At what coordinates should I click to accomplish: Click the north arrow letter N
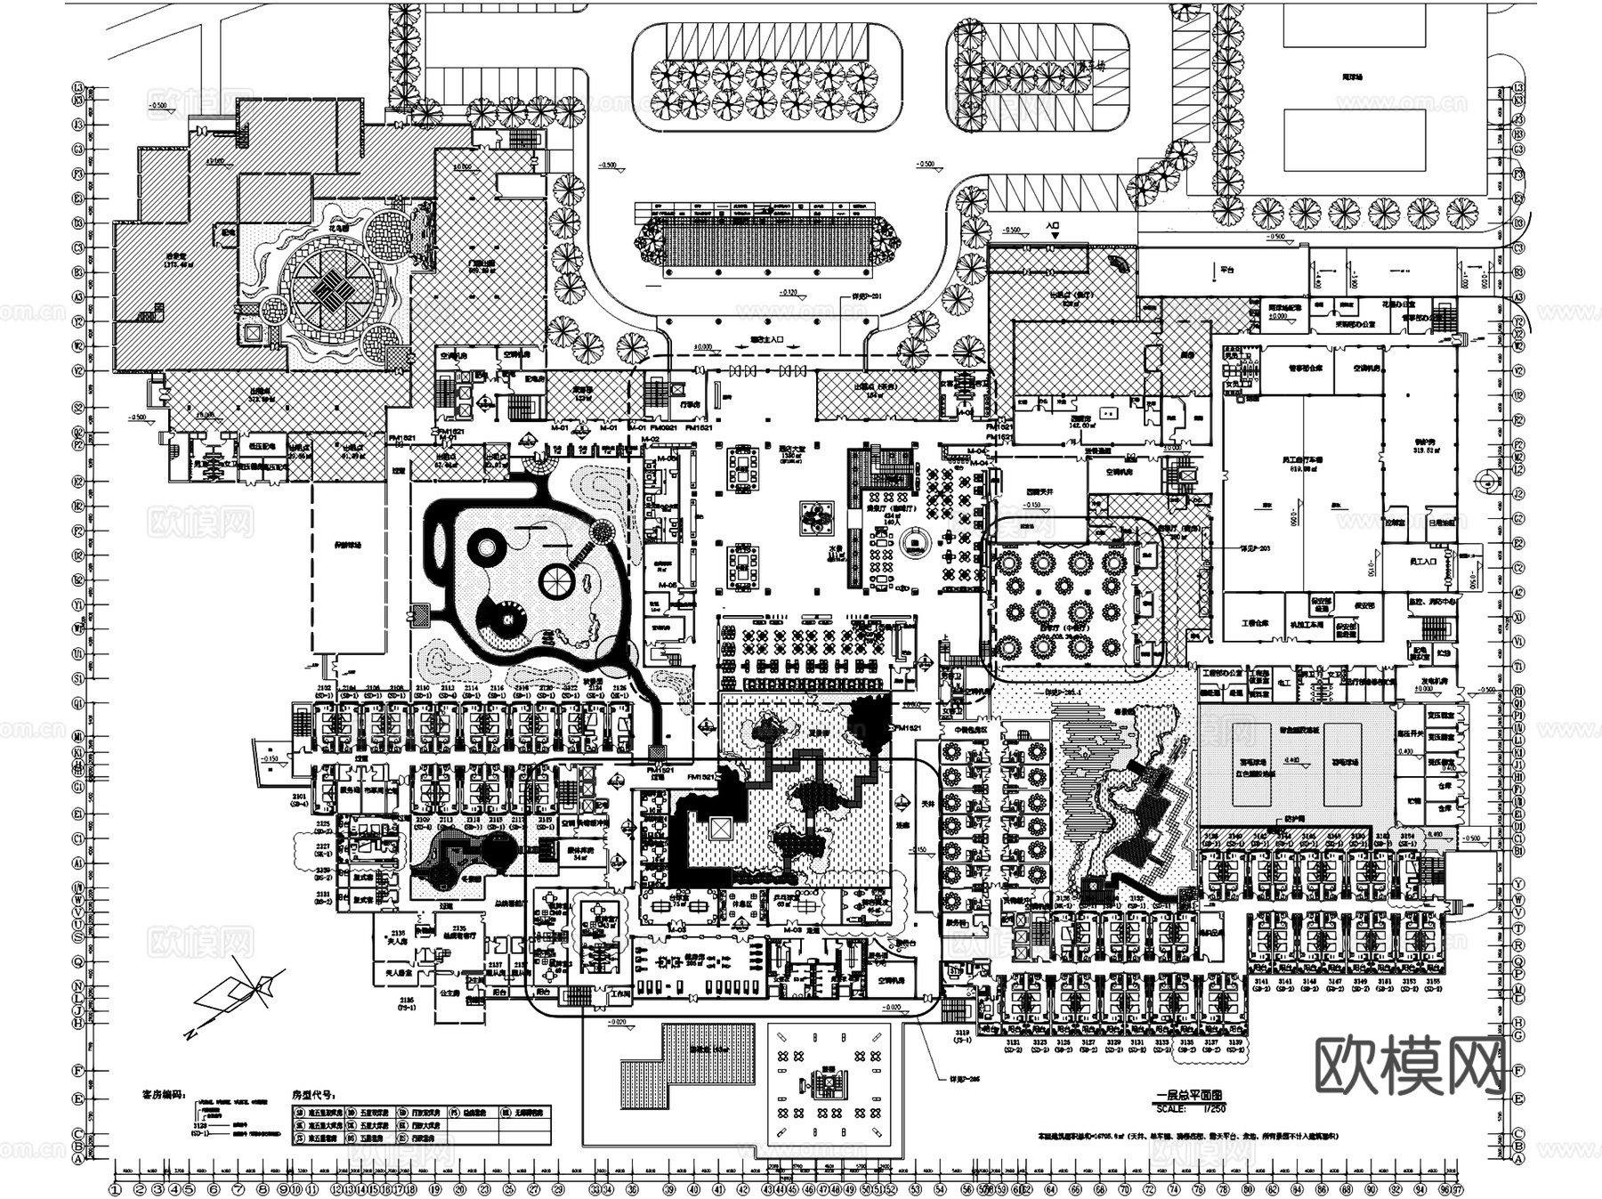coord(190,1034)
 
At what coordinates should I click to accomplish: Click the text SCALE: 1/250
coord(1189,1109)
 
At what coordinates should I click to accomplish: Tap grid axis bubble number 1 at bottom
coord(115,1188)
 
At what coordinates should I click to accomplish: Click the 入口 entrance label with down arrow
coord(1054,228)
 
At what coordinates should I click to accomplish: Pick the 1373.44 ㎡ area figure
coord(157,264)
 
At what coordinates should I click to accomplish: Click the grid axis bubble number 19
coord(434,1188)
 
